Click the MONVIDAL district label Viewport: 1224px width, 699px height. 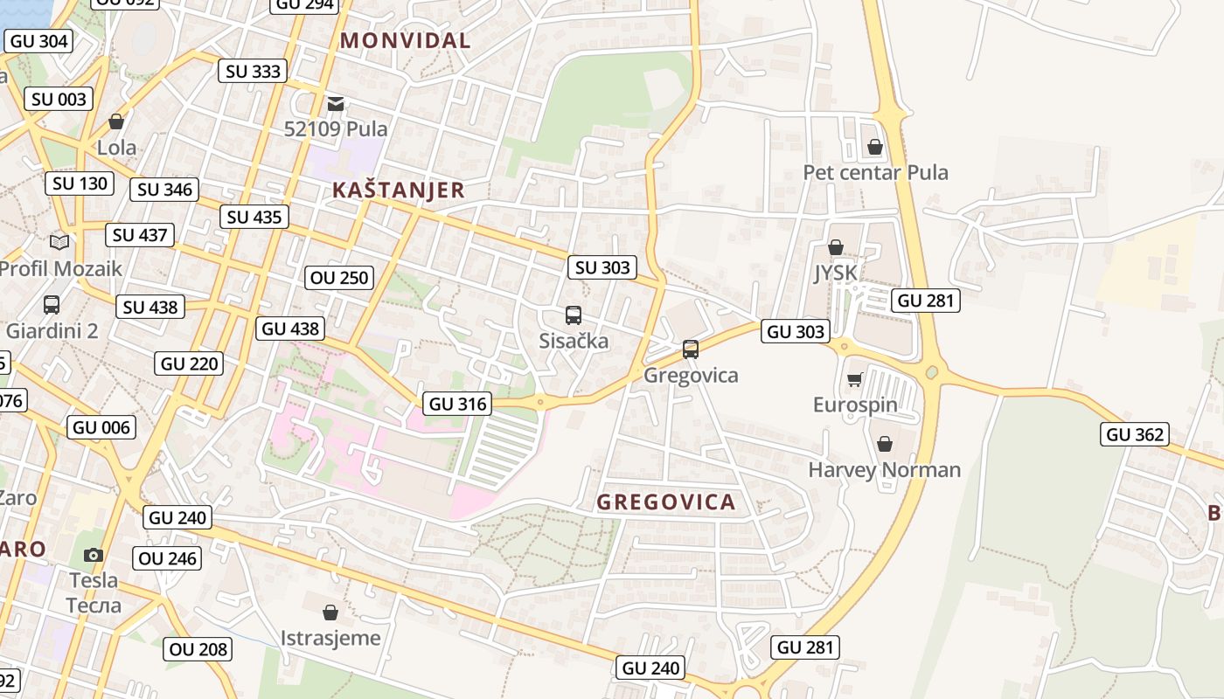[x=405, y=40]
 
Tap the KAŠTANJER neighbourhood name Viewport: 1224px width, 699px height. [x=398, y=190]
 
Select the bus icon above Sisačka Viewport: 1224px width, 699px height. [x=574, y=315]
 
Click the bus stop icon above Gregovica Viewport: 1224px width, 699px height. [x=691, y=349]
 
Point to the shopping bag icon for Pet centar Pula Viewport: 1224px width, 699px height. [x=875, y=147]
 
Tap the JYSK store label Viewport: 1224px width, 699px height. [x=837, y=273]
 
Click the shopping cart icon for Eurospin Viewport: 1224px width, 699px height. [x=855, y=379]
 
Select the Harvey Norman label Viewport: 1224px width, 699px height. [x=884, y=470]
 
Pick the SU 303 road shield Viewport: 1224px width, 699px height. [x=602, y=267]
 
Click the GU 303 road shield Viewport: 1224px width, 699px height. [x=795, y=331]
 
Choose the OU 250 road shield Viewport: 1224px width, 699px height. [x=340, y=278]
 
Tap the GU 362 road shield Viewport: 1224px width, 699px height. [x=1135, y=434]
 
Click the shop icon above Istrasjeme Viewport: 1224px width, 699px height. [x=330, y=612]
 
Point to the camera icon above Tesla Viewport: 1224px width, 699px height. [x=94, y=555]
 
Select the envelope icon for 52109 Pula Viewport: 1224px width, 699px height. [x=336, y=104]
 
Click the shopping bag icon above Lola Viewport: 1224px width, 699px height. [x=116, y=121]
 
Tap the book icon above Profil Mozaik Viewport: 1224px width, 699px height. [x=59, y=242]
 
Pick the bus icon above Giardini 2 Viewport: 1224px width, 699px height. [x=52, y=305]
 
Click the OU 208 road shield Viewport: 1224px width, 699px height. [x=198, y=649]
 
